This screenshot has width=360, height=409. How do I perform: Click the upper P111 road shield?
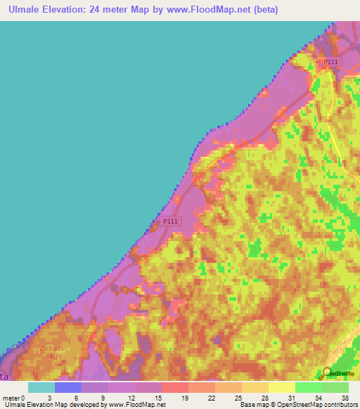[330, 63]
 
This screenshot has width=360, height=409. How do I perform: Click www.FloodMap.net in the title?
[214, 10]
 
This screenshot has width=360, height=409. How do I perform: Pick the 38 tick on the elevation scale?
[345, 397]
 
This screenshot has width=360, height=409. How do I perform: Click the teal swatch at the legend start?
[41, 387]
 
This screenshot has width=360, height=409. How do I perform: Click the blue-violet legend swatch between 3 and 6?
[67, 387]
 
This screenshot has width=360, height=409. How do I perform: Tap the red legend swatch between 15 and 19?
[174, 387]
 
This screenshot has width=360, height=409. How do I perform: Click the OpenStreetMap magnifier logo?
[328, 372]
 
